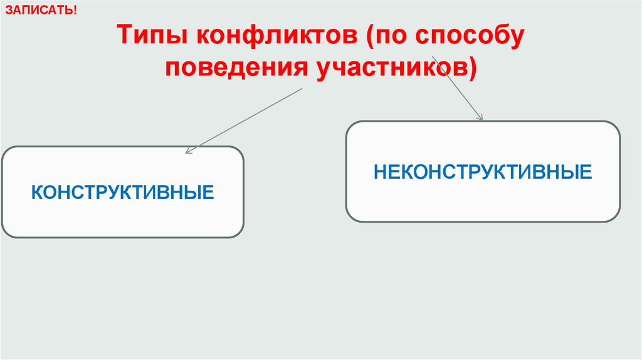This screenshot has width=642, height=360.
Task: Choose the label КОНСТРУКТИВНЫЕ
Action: [123, 191]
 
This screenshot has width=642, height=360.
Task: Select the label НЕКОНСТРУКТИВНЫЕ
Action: [483, 171]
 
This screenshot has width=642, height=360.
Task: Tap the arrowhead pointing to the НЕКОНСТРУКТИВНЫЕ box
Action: [480, 117]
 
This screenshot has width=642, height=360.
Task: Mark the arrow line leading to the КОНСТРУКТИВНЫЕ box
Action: [245, 119]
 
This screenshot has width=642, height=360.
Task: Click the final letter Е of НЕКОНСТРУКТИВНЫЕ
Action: [586, 171]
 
